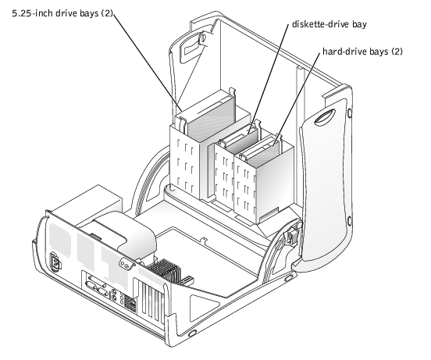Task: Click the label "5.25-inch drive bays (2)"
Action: click(62, 13)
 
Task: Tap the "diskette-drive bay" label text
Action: click(329, 24)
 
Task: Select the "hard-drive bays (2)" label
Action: click(362, 52)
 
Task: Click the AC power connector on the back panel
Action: click(55, 262)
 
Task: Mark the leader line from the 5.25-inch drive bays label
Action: click(148, 63)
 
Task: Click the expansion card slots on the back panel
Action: click(151, 301)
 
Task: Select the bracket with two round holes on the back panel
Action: click(126, 266)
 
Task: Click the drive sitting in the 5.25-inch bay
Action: click(210, 118)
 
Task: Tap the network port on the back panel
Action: click(133, 305)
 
